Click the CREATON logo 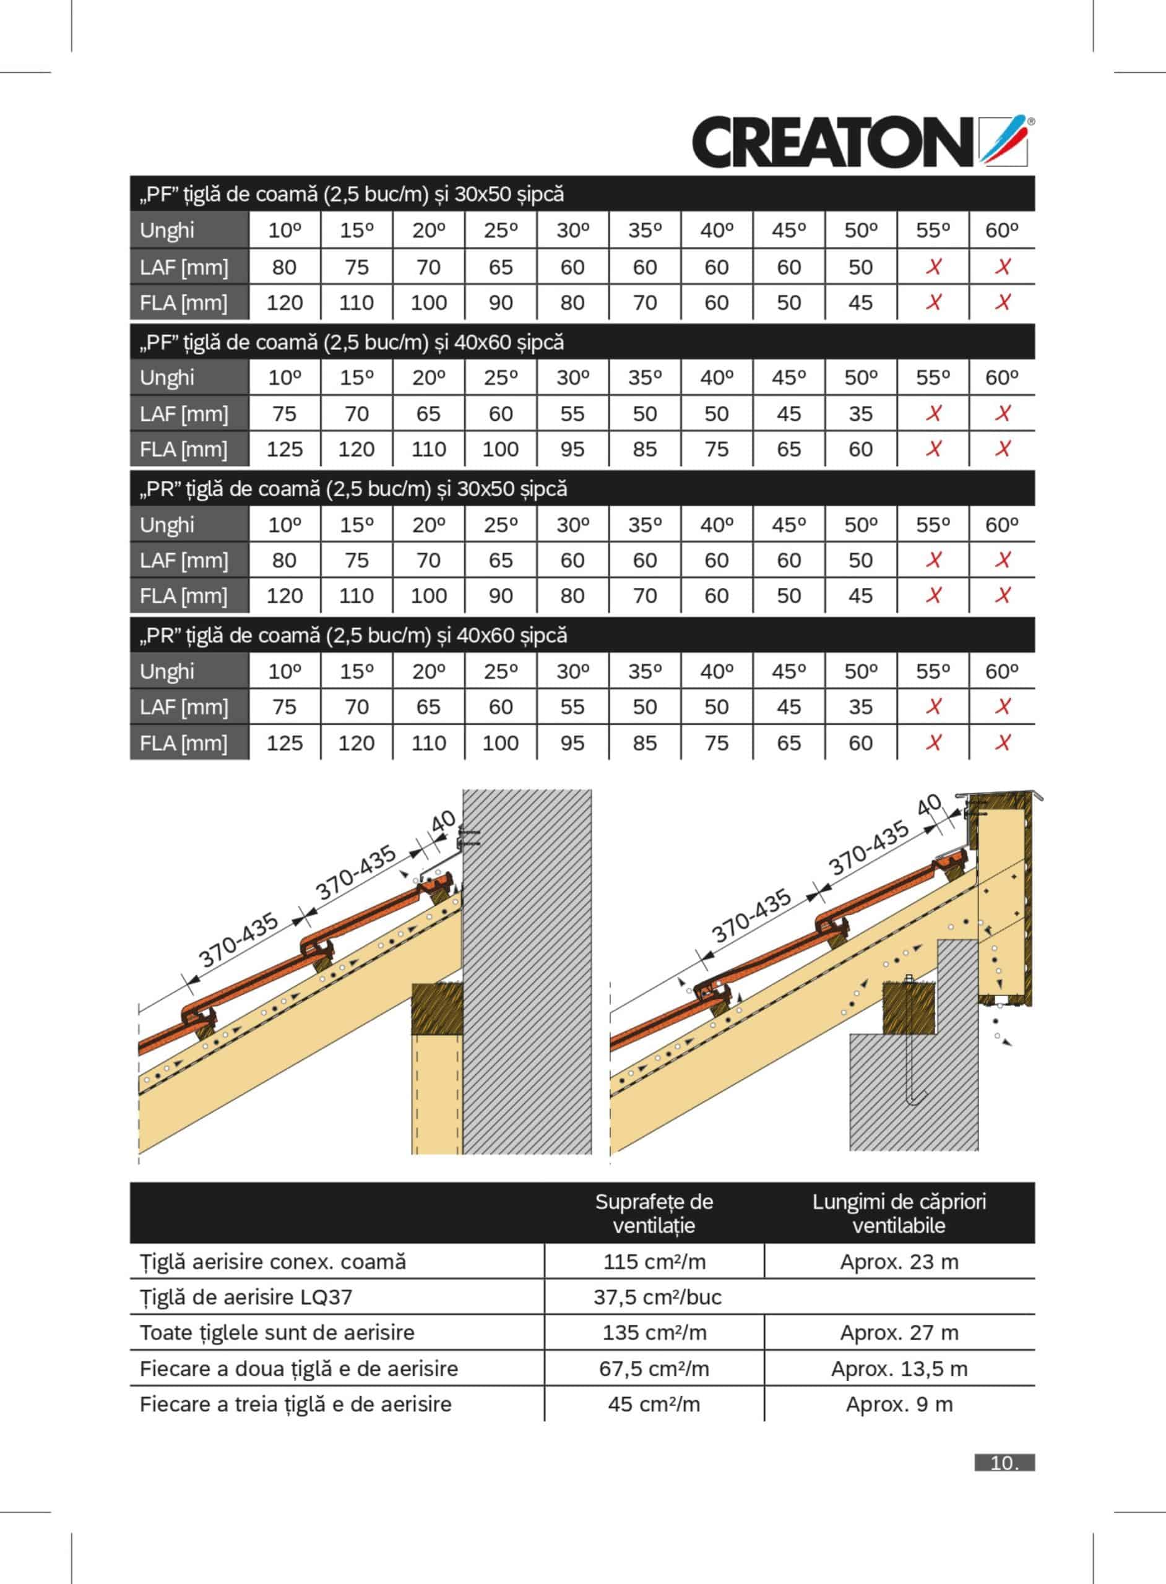[861, 142]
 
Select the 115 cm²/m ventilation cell [654, 1262]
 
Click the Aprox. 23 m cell [899, 1262]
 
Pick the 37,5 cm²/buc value [657, 1297]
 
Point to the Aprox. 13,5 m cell [899, 1369]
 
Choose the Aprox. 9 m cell [899, 1404]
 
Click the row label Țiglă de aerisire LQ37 [246, 1297]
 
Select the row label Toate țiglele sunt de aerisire [277, 1333]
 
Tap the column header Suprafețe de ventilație [654, 1213]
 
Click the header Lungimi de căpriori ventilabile [899, 1213]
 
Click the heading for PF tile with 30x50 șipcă [352, 194]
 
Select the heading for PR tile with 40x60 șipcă [353, 635]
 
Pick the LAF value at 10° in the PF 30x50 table [285, 267]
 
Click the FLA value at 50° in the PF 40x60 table [860, 449]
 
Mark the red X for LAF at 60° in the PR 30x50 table [1002, 560]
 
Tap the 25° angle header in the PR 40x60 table [501, 671]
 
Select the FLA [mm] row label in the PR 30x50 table [184, 596]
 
